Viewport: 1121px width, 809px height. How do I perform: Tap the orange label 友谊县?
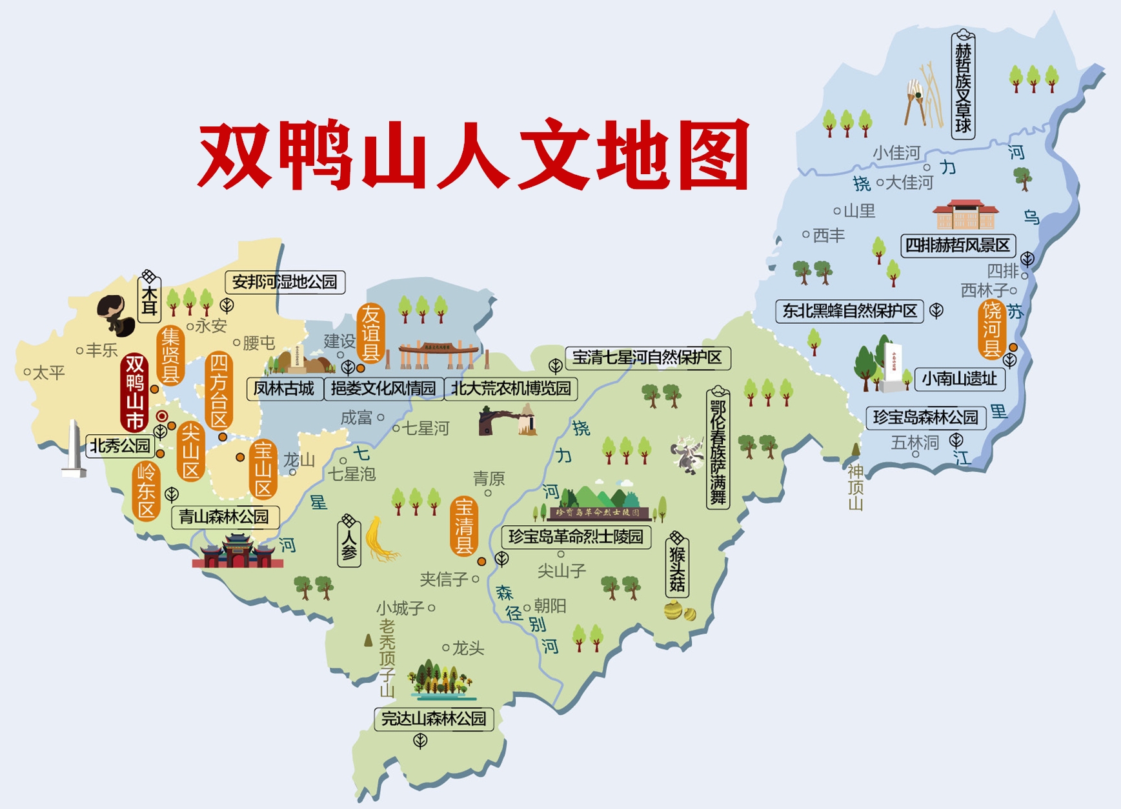[x=370, y=334]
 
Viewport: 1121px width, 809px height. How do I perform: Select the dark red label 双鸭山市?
[x=134, y=392]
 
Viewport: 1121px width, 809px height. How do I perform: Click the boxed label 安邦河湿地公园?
[x=285, y=282]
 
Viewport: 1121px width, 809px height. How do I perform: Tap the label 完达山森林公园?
[x=433, y=719]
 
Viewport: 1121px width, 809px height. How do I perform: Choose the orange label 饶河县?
[x=992, y=329]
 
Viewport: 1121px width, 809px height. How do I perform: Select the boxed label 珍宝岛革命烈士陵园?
[x=576, y=537]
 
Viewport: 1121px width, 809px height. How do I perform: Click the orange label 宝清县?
[x=463, y=526]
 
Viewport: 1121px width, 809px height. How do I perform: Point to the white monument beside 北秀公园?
[x=74, y=449]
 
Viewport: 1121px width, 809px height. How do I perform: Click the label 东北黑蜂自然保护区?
[x=849, y=311]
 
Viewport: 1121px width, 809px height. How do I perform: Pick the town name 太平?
[x=48, y=372]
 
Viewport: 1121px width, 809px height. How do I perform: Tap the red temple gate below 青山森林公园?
[x=237, y=552]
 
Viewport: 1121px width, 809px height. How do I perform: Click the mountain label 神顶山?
[x=856, y=487]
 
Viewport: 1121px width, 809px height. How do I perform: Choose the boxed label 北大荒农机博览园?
[x=510, y=388]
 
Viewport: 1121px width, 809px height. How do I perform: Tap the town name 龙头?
[x=468, y=648]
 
